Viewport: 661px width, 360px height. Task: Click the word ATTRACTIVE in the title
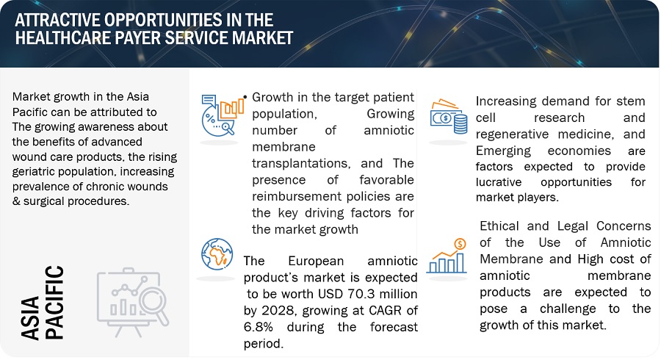coord(57,20)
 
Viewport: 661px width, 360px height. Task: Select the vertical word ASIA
coord(30,318)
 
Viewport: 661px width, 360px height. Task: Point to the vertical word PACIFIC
coord(54,302)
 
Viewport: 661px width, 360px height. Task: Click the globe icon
coord(217,254)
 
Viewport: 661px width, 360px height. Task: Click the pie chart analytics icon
coord(222,115)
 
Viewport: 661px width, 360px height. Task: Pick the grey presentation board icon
coord(133,302)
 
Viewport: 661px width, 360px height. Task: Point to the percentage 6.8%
coord(258,327)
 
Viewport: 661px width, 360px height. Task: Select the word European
coord(316,261)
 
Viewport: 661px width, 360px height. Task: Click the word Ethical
coord(499,226)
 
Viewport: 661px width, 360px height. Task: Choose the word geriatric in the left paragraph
coord(38,172)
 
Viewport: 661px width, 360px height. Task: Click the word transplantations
coord(301,164)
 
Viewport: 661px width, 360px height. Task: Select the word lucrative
coord(499,182)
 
